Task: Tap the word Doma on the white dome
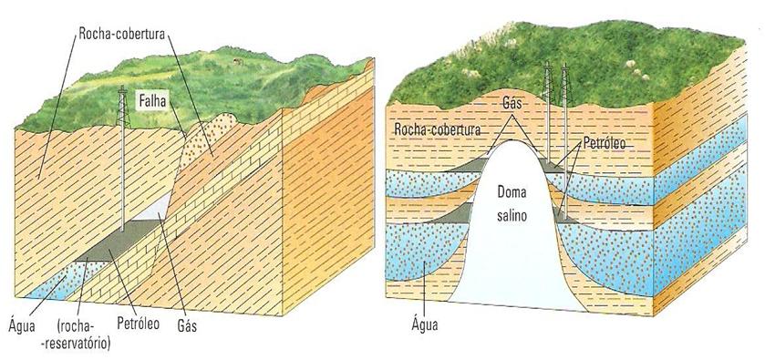pos(515,193)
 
